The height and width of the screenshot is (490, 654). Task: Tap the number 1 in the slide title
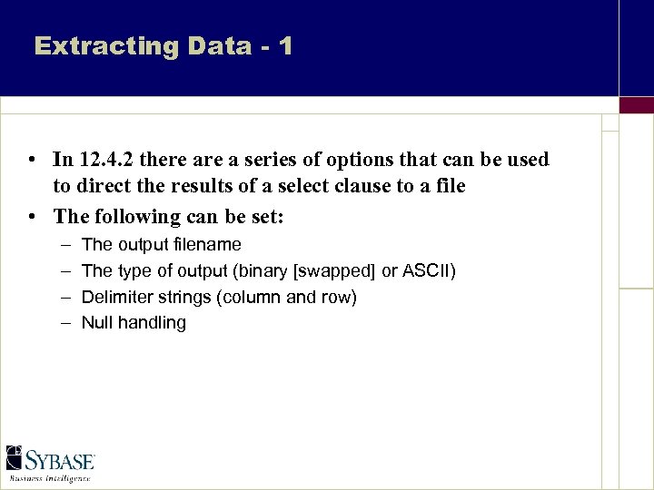pos(285,46)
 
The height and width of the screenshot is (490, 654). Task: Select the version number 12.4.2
pos(110,160)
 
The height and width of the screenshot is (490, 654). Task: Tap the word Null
pos(97,322)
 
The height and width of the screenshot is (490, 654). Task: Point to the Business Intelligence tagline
pos(50,477)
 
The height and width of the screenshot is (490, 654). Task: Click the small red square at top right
pos(636,104)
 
